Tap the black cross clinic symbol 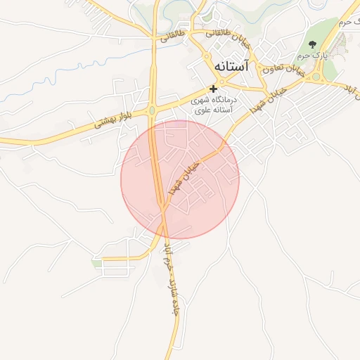tap(213, 89)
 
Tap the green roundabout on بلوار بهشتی tap(152, 109)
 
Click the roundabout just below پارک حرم tap(316, 75)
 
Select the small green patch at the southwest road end tap(96, 263)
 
